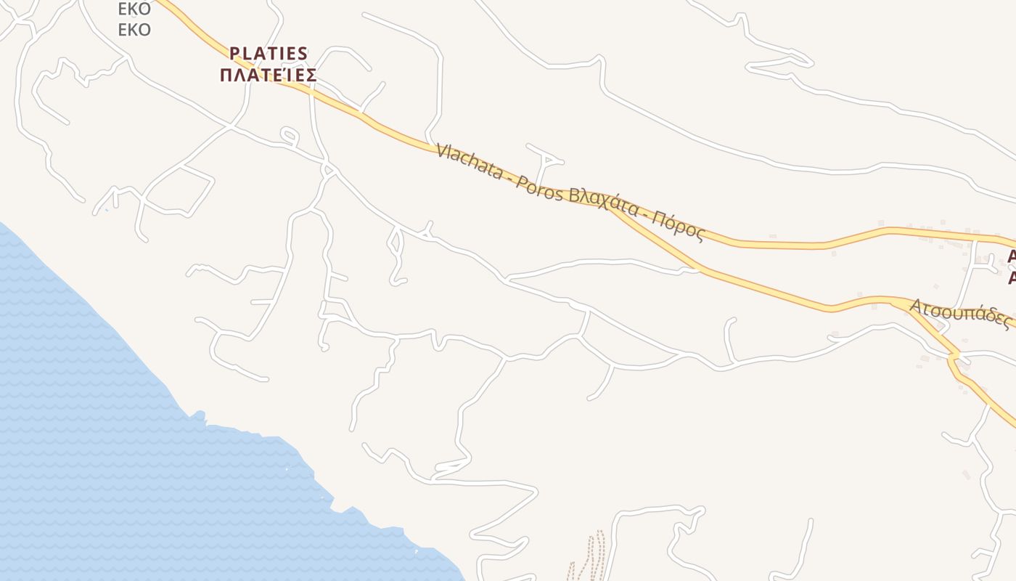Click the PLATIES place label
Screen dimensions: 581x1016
tap(269, 54)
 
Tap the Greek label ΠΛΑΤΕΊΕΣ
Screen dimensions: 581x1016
tap(269, 76)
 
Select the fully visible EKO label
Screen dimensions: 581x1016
tap(134, 30)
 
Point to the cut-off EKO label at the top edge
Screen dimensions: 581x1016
tap(134, 9)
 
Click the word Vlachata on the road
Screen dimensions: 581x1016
tap(470, 161)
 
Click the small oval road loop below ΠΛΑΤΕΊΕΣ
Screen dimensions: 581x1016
tap(289, 135)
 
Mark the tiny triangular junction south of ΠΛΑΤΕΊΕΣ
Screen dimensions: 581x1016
tap(329, 170)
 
